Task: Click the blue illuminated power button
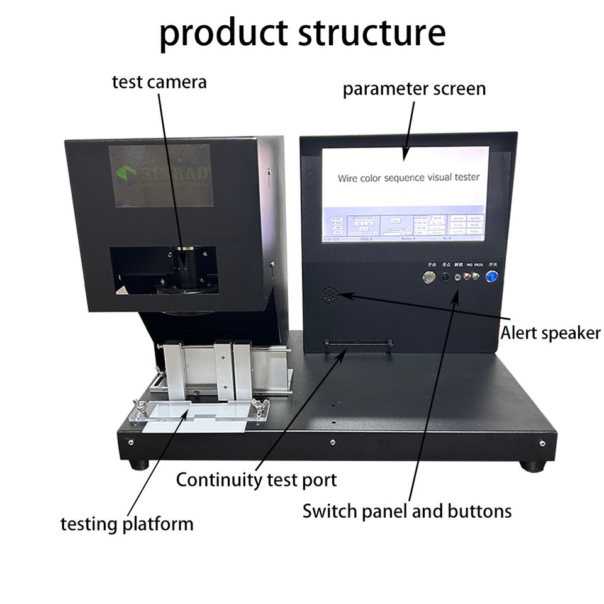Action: tap(493, 276)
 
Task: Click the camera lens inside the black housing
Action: tap(186, 267)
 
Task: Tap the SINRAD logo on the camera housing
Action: tap(160, 175)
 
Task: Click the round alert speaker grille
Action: tap(328, 295)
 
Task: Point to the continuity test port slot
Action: tap(357, 344)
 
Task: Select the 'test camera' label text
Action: tap(159, 82)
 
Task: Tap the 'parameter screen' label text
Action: tap(414, 89)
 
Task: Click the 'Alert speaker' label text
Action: tap(551, 332)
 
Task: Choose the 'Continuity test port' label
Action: tap(256, 480)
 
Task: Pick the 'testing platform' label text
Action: tap(126, 523)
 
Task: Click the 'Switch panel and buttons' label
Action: tap(407, 511)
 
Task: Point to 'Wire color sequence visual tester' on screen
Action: tap(408, 178)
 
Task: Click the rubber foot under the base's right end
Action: tap(532, 466)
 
